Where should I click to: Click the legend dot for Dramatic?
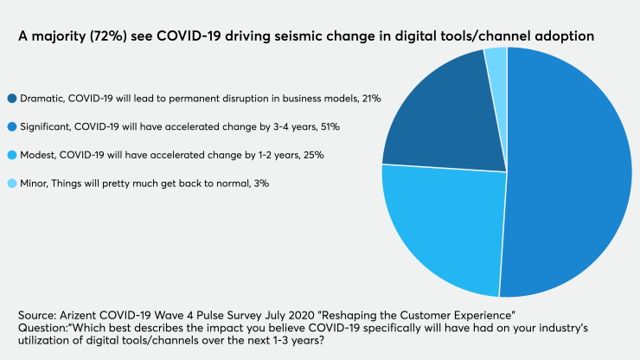click(x=11, y=99)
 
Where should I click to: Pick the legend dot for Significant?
click(x=11, y=127)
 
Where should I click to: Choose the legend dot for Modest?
click(x=11, y=155)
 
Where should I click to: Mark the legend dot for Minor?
click(x=11, y=183)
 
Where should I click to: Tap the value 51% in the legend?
click(x=329, y=127)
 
